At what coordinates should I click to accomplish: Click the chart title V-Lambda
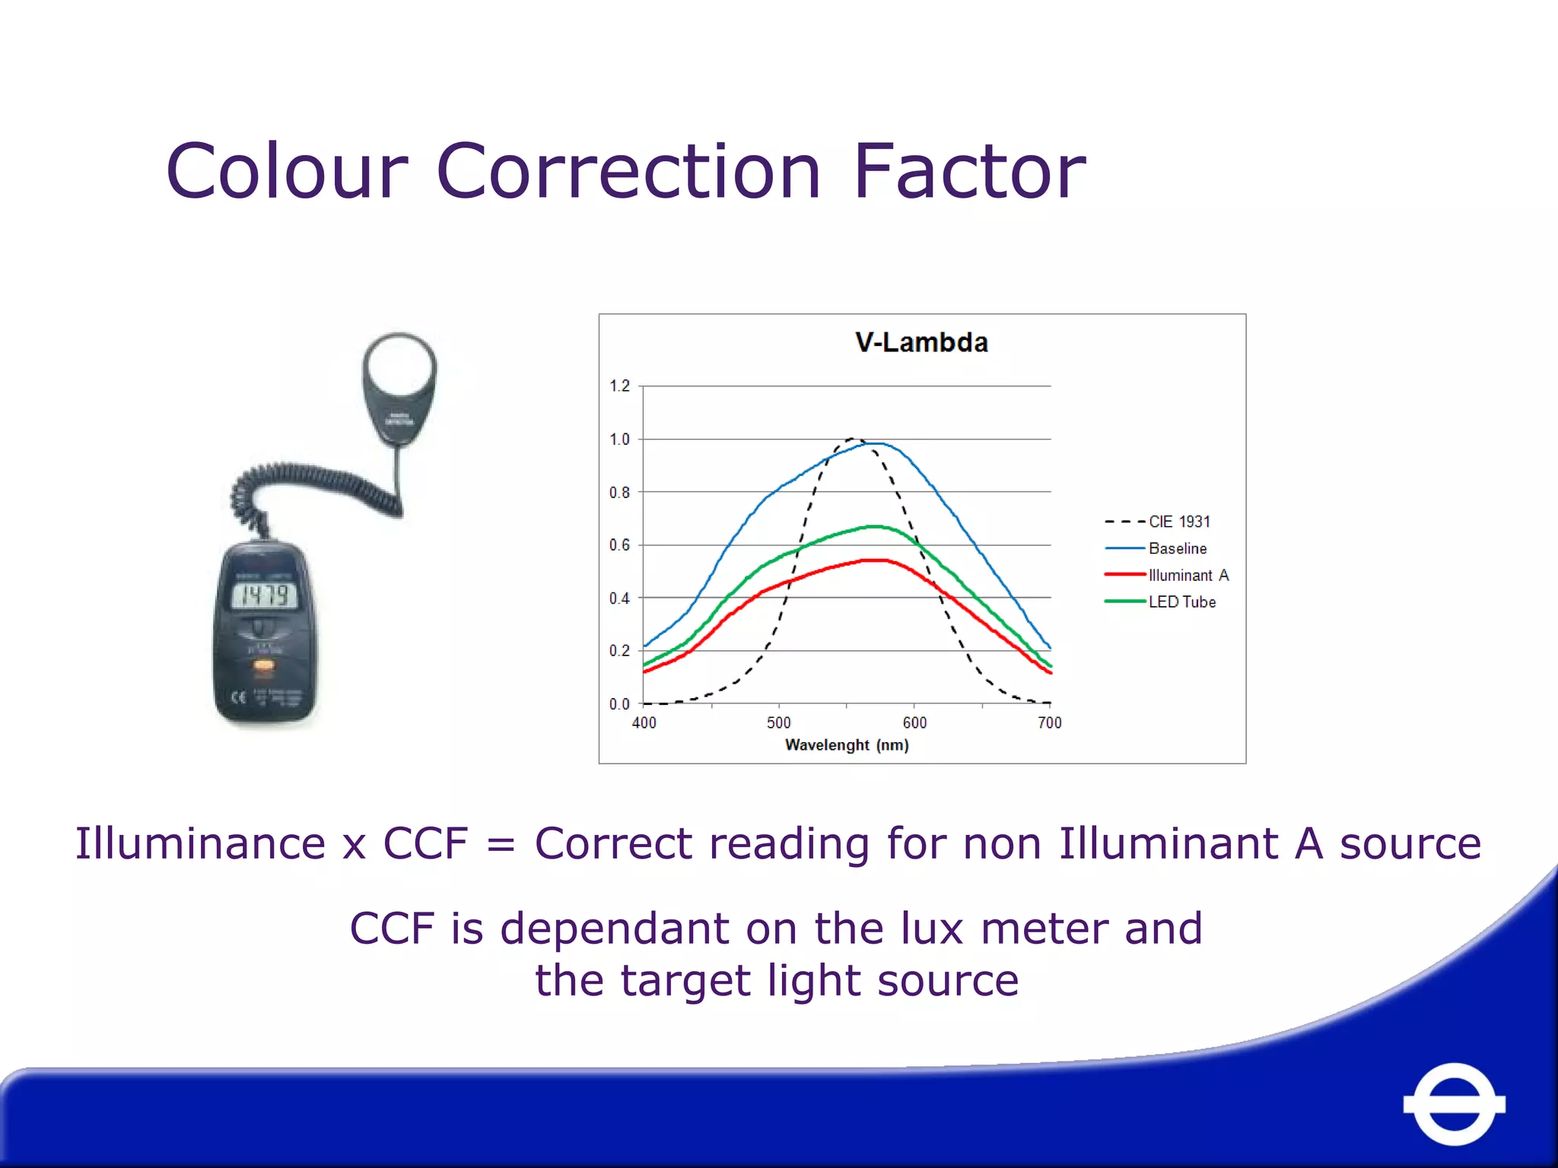tap(921, 342)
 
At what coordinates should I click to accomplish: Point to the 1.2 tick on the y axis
tap(619, 386)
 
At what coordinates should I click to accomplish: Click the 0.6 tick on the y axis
tap(619, 545)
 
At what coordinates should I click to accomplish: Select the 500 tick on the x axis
tap(779, 722)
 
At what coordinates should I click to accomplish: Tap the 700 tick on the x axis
tap(1050, 722)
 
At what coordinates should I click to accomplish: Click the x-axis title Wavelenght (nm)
tap(847, 745)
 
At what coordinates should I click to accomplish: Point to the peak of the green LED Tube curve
tap(875, 526)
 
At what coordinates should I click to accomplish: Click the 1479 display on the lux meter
tap(264, 595)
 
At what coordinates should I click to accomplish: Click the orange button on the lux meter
tap(264, 667)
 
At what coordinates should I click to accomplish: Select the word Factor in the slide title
tap(969, 172)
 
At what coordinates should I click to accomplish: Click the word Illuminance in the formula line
tap(201, 844)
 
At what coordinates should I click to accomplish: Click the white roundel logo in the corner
tap(1454, 1104)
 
